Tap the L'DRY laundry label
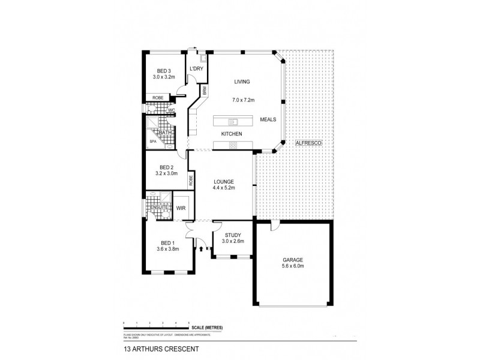click(196, 69)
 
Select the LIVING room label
click(242, 82)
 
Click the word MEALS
click(268, 119)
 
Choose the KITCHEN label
click(232, 134)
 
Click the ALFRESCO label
click(310, 145)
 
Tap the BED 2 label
click(166, 167)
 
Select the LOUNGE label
click(223, 181)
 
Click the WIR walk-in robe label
click(181, 208)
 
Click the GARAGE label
click(293, 260)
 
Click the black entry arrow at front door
click(201, 247)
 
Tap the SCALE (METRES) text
click(207, 327)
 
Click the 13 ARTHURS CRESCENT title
click(152, 347)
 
